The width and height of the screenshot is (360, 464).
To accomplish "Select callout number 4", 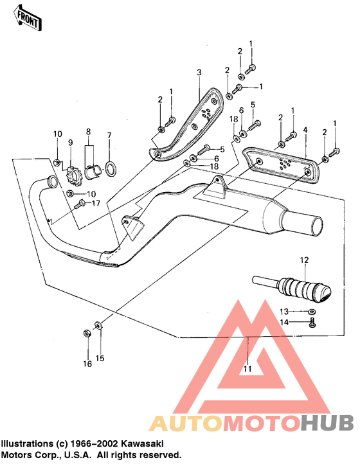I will tap(306, 130).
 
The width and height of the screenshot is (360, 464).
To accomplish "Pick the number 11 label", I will tap(248, 369).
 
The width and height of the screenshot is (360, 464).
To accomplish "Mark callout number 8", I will tap(89, 131).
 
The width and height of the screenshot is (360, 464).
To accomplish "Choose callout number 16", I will tap(87, 364).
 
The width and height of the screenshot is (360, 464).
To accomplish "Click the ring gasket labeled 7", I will tap(111, 169).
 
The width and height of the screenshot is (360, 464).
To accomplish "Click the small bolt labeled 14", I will tap(312, 322).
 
